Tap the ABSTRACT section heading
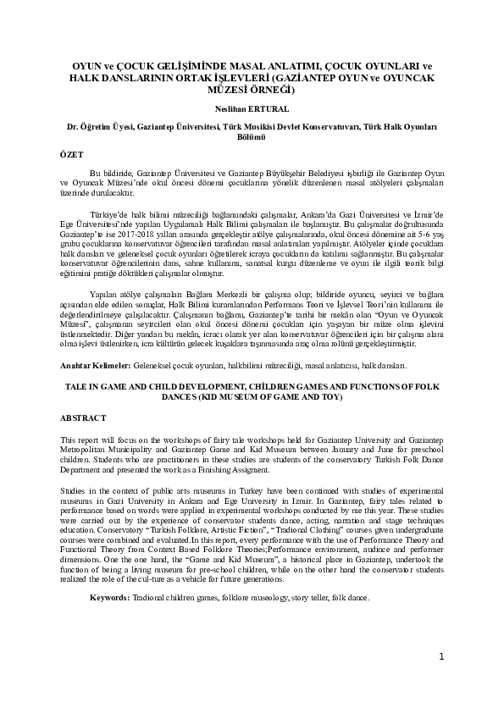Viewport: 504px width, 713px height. click(x=83, y=418)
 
